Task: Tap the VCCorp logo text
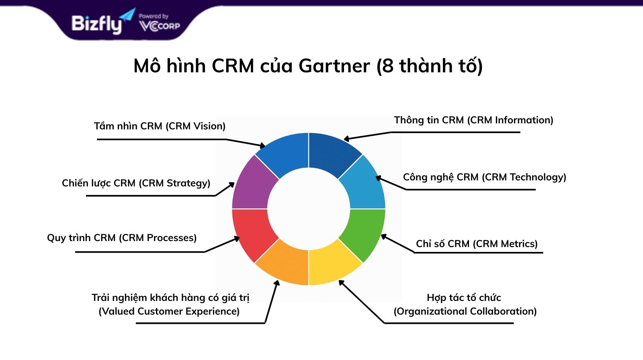click(x=160, y=26)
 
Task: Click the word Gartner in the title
click(x=334, y=66)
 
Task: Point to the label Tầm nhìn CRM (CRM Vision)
click(x=160, y=126)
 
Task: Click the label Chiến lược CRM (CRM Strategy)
click(x=136, y=183)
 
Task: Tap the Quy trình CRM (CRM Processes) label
click(x=122, y=238)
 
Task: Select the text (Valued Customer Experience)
click(x=169, y=311)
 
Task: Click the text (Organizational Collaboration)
click(x=465, y=311)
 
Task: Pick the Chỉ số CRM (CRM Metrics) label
click(x=477, y=244)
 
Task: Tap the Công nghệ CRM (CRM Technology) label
click(x=485, y=177)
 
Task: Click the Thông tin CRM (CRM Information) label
click(x=474, y=120)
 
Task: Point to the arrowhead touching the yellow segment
click(x=342, y=283)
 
